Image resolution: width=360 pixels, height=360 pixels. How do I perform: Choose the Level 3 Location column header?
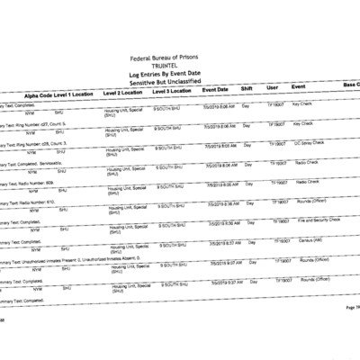tap(171, 92)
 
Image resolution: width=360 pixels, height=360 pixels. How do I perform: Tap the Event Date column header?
tap(214, 90)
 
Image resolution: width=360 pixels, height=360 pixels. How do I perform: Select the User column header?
tap(272, 87)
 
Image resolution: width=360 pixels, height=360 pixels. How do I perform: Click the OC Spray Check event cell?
tap(311, 142)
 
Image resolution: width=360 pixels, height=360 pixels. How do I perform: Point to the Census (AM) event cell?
tap(309, 238)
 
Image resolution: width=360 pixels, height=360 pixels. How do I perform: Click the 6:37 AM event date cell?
tap(224, 242)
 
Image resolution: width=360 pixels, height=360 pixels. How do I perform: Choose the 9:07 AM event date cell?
tap(227, 263)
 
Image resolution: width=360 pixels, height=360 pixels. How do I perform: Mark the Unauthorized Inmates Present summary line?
tap(81, 257)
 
